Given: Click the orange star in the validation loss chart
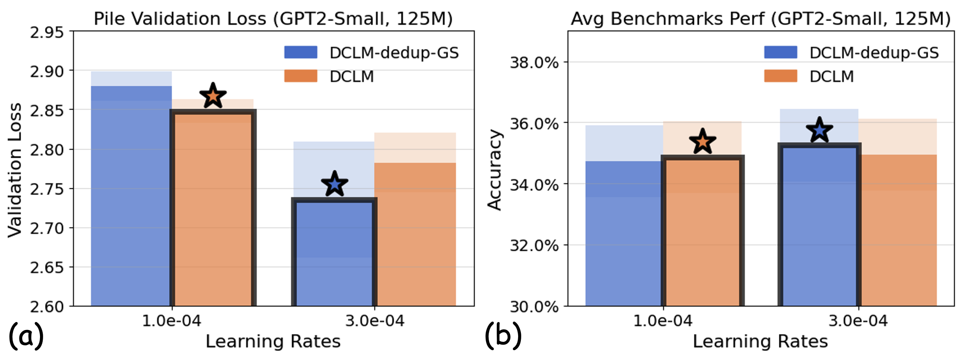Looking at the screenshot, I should coord(213,96).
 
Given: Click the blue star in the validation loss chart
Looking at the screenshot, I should coord(334,184).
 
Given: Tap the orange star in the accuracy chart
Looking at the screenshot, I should coord(703,142).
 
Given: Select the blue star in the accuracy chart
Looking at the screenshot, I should coord(819,130).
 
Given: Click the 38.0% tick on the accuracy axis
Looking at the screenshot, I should coord(534,63).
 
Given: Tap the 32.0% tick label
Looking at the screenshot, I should coord(534,246).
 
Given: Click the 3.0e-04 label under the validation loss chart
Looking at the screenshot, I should coord(374,321).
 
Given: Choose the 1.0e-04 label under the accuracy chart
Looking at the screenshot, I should coord(663,321).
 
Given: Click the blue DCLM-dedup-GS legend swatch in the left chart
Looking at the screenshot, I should coord(301,52).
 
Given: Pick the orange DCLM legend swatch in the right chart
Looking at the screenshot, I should coord(781,76).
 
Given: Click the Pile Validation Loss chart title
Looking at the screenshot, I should coord(273,19).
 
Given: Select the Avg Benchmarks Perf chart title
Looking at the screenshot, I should coord(760,19).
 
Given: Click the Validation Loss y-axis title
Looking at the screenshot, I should coord(15,170).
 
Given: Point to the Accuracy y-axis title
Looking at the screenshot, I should coord(494,170).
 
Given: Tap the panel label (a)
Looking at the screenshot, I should coord(26,336).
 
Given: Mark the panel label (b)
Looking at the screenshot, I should coord(503,336).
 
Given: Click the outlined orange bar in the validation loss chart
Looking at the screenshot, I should coord(213,210).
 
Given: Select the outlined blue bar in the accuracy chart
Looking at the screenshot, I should coord(819,225).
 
